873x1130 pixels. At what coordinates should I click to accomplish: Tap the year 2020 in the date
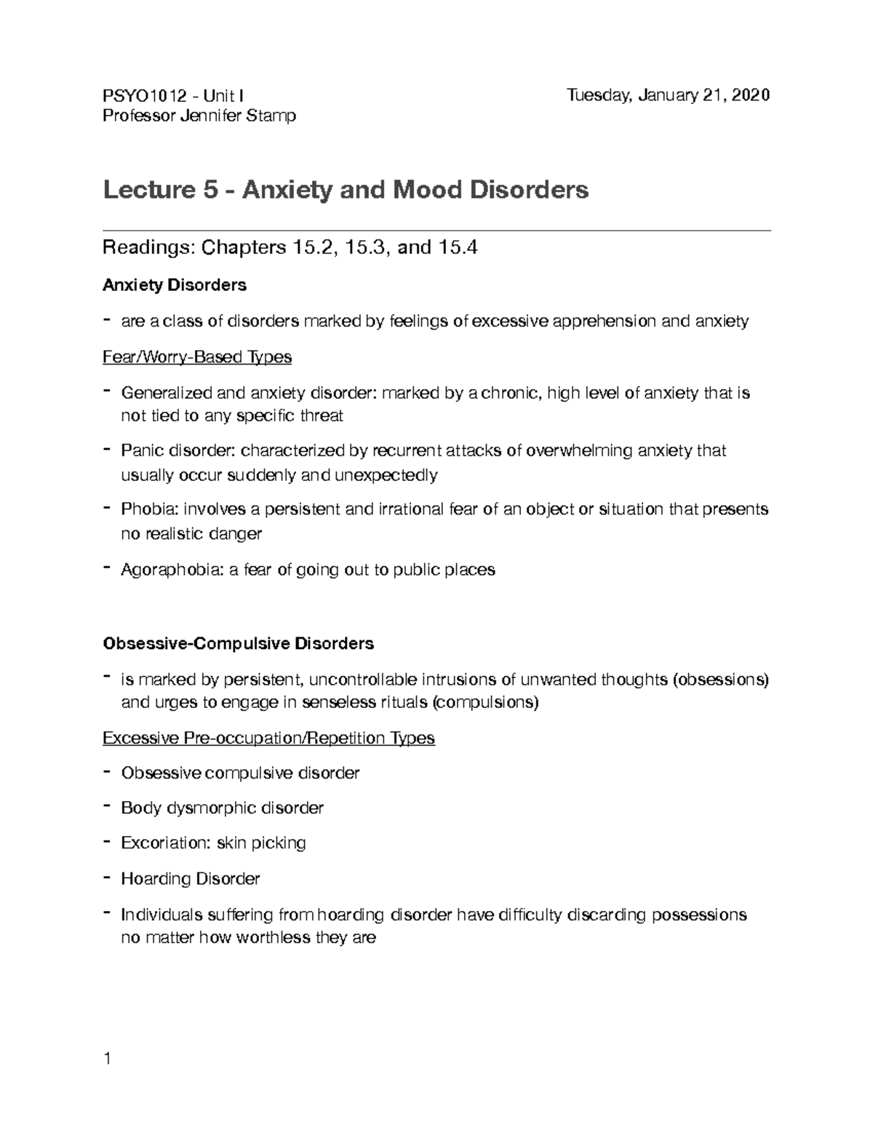pos(751,95)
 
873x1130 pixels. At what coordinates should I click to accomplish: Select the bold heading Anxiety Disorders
pos(175,285)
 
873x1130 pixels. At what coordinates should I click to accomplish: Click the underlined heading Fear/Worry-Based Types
pos(197,357)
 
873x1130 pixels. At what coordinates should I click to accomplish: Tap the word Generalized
pos(167,393)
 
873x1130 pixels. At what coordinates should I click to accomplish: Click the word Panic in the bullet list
pos(142,450)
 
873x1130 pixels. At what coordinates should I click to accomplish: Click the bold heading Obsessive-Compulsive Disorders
pos(239,643)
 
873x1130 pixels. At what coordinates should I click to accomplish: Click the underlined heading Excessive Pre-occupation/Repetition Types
pos(268,738)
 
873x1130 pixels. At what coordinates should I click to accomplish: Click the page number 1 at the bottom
pos(107,1059)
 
